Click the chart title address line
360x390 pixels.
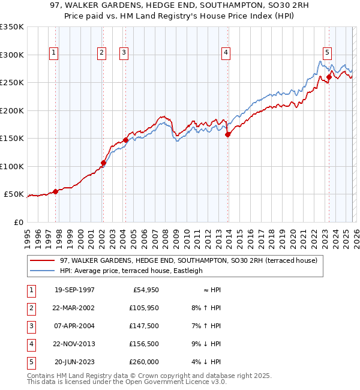coord(180,6)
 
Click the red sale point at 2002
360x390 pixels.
coord(103,163)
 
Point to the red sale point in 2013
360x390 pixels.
coord(228,135)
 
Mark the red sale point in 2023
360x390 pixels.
coord(329,77)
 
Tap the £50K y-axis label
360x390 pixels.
coord(14,194)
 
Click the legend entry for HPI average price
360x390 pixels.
coord(131,271)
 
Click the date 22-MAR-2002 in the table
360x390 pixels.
coord(74,308)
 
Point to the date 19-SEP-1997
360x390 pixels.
coord(74,290)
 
